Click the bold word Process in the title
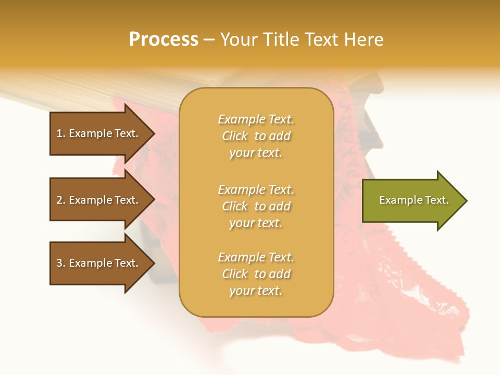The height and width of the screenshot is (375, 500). pos(164,40)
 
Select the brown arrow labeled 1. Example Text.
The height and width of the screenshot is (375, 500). pos(99,133)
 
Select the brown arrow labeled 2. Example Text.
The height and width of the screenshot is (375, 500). pos(99,200)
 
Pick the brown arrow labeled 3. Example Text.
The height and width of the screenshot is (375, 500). pos(99,263)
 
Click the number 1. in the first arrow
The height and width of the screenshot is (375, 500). pos(61,133)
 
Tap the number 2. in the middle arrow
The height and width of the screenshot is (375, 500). pos(61,200)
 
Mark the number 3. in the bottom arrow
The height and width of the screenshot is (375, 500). pos(61,263)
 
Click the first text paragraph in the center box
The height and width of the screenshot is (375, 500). pos(256,136)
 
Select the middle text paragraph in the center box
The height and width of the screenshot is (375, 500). pos(256,206)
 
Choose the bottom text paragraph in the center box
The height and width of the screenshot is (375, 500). pos(256,274)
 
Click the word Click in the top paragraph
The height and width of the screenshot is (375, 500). pos(235,136)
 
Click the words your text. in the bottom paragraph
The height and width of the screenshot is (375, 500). pos(256,291)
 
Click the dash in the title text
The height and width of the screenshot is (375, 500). pos(209,40)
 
